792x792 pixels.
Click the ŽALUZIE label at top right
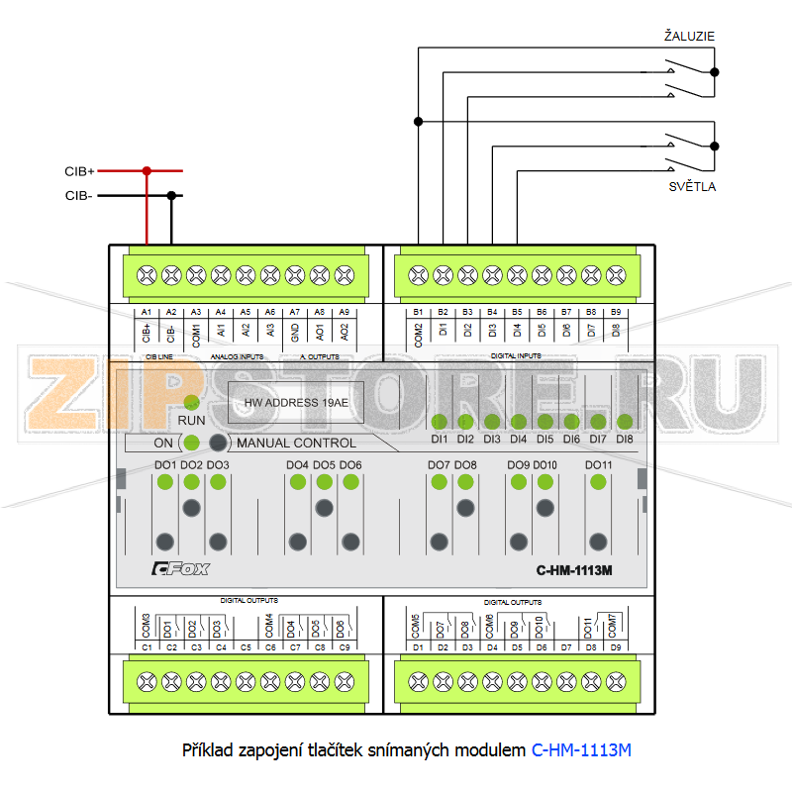click(689, 37)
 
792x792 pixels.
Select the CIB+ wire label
click(80, 171)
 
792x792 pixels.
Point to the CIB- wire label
click(79, 196)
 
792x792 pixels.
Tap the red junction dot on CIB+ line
click(147, 170)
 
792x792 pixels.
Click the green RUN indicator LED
click(192, 402)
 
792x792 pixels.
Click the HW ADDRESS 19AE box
click(296, 403)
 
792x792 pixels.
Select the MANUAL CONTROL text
click(296, 443)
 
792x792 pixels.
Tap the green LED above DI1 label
click(440, 422)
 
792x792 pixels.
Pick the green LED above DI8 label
click(624, 422)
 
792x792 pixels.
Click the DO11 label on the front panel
click(599, 465)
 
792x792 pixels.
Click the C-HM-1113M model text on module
click(575, 570)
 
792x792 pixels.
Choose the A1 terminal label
click(147, 312)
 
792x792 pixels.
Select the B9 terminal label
click(616, 312)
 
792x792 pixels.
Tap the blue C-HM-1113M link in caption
click(581, 750)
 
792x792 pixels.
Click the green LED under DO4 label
click(297, 482)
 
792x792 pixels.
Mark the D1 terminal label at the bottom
click(418, 647)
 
